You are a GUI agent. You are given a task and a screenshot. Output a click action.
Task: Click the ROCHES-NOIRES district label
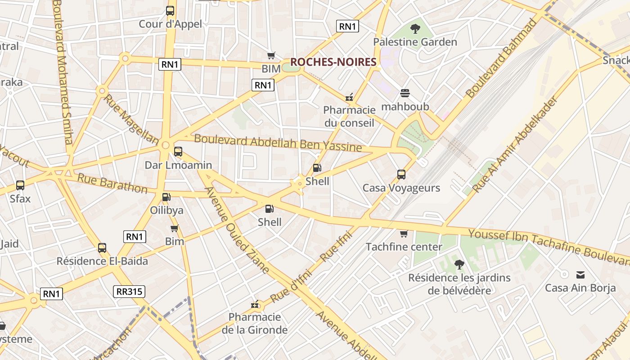tap(333, 62)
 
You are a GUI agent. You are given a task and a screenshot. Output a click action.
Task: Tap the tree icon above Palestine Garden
tap(415, 29)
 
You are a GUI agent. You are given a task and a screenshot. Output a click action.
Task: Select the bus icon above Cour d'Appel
tap(170, 11)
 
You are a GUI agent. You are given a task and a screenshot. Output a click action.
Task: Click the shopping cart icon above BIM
tap(271, 56)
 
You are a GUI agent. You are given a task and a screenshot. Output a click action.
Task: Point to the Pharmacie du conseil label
tap(349, 116)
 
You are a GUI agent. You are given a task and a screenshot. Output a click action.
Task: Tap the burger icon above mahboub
tap(405, 94)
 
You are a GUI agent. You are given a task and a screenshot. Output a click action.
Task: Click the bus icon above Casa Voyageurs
tap(401, 175)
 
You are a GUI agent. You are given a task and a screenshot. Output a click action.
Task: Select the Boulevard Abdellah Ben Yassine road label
tap(278, 143)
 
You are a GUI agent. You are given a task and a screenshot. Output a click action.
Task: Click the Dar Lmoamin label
tap(178, 165)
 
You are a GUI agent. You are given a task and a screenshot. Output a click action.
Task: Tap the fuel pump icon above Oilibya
tap(166, 197)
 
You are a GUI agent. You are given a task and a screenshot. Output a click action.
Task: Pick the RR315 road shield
tap(129, 291)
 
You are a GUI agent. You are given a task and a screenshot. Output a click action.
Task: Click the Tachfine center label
tap(404, 247)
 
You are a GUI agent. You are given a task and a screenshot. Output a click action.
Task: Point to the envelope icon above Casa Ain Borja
tap(580, 274)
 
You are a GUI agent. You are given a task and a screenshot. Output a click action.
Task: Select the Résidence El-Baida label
tap(102, 261)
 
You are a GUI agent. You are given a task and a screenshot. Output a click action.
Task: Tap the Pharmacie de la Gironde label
tap(255, 323)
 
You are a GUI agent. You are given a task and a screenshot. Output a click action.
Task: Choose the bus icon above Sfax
tap(20, 185)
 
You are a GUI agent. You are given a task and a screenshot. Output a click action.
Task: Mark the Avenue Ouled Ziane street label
tap(237, 229)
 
